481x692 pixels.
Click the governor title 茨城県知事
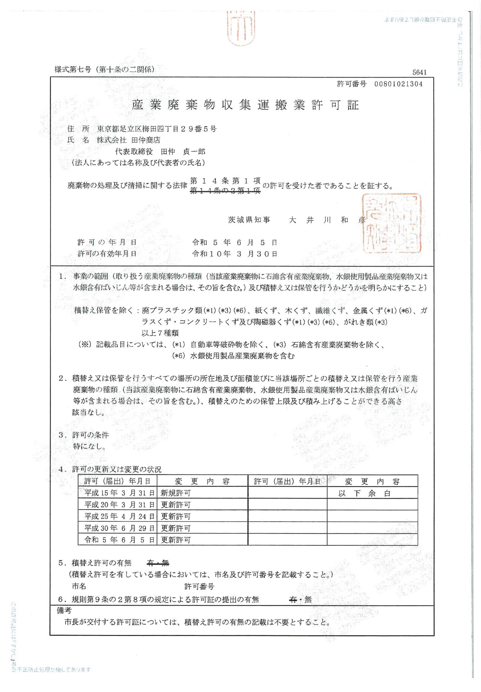249,220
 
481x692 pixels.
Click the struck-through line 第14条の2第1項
225,191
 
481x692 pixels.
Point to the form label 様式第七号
73,69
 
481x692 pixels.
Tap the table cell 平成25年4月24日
119,516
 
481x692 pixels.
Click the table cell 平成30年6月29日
119,528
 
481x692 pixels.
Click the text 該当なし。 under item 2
88,412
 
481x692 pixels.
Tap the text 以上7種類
160,333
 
